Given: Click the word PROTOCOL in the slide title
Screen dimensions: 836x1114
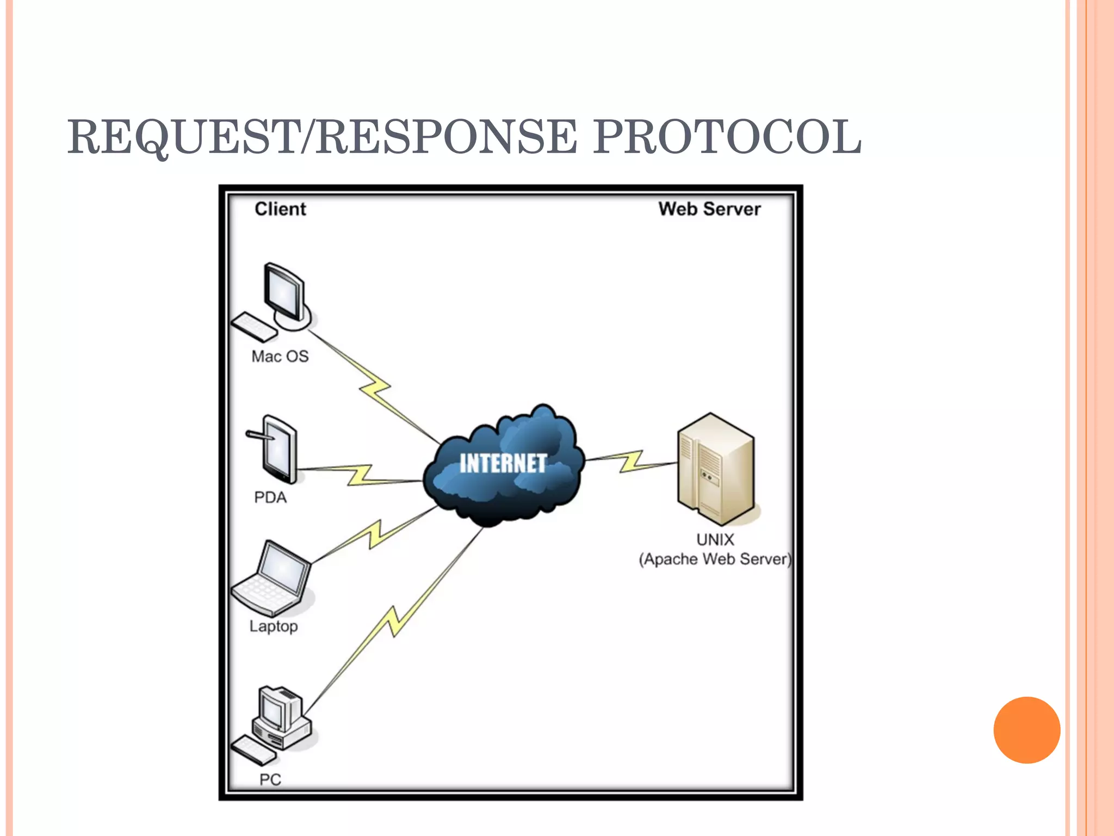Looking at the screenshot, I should pyautogui.click(x=727, y=137).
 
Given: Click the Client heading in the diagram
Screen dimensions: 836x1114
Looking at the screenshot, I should pyautogui.click(x=280, y=209).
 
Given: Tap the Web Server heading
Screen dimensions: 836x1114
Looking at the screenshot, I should pyautogui.click(x=709, y=209).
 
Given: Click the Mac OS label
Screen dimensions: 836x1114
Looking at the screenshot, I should pyautogui.click(x=280, y=356).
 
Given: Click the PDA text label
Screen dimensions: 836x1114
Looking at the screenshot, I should pyautogui.click(x=270, y=497).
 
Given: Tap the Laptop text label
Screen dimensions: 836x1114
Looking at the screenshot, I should pyautogui.click(x=274, y=626).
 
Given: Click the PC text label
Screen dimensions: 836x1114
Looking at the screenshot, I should pyautogui.click(x=270, y=779).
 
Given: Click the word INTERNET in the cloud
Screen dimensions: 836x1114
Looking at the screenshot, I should pyautogui.click(x=503, y=464).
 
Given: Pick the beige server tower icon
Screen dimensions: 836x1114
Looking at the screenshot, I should pyautogui.click(x=716, y=468).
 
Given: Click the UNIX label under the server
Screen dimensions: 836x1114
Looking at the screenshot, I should pyautogui.click(x=715, y=539).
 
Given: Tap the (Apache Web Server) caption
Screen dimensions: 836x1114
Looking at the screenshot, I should pyautogui.click(x=715, y=559).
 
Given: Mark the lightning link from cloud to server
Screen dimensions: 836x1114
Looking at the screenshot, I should pyautogui.click(x=631, y=461).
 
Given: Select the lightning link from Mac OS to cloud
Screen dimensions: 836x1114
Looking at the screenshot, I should pyautogui.click(x=375, y=388).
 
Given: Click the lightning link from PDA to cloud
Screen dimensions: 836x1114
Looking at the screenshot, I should pyautogui.click(x=360, y=475).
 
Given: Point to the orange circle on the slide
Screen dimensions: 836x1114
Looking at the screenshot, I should pyautogui.click(x=1026, y=730).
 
